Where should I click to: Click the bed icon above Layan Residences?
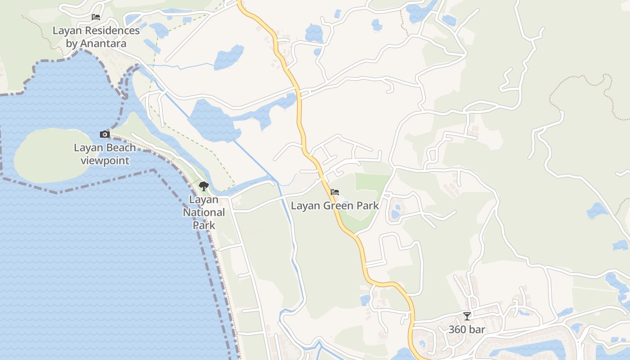coord(96,17)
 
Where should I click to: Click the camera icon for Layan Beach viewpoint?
coord(104,134)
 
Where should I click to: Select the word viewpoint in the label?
coord(105,161)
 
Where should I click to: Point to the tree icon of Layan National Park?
coord(204,186)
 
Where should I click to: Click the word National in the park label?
coord(204,212)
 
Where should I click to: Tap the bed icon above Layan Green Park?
coord(335,192)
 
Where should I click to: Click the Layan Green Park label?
coord(335,206)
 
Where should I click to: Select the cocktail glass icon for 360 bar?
coord(467,316)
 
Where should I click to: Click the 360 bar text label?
coord(467,329)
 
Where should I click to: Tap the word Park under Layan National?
coord(204,225)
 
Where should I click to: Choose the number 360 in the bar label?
coord(458,329)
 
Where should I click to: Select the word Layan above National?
coord(204,199)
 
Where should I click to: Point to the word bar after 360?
coord(477,329)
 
